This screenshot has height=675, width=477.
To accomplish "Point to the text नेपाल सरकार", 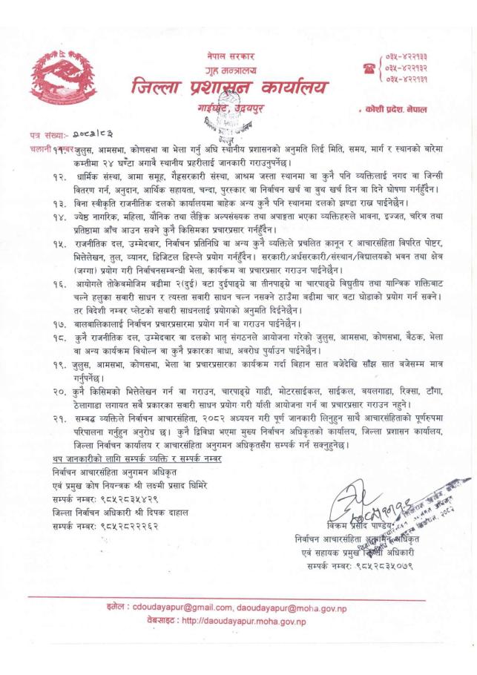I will (x=231, y=56).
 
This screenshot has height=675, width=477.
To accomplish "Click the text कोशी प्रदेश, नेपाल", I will (x=401, y=109).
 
